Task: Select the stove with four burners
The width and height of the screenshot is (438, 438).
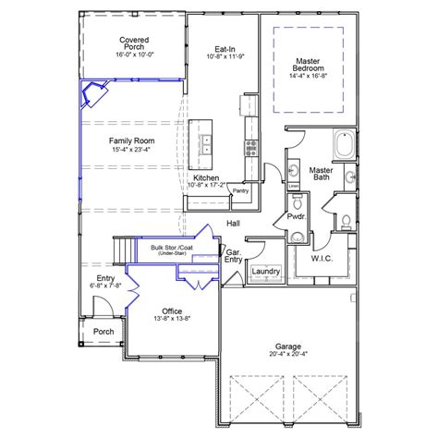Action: tap(250, 146)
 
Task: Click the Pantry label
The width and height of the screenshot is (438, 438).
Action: tap(242, 190)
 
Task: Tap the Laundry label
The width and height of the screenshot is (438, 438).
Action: tap(265, 271)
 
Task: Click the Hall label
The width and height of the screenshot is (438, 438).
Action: tap(235, 224)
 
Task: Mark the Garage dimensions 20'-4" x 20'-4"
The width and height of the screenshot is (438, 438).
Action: tap(288, 352)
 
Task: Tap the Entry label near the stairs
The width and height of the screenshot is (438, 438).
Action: tap(105, 279)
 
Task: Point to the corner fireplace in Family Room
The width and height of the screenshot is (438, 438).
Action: tap(94, 94)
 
